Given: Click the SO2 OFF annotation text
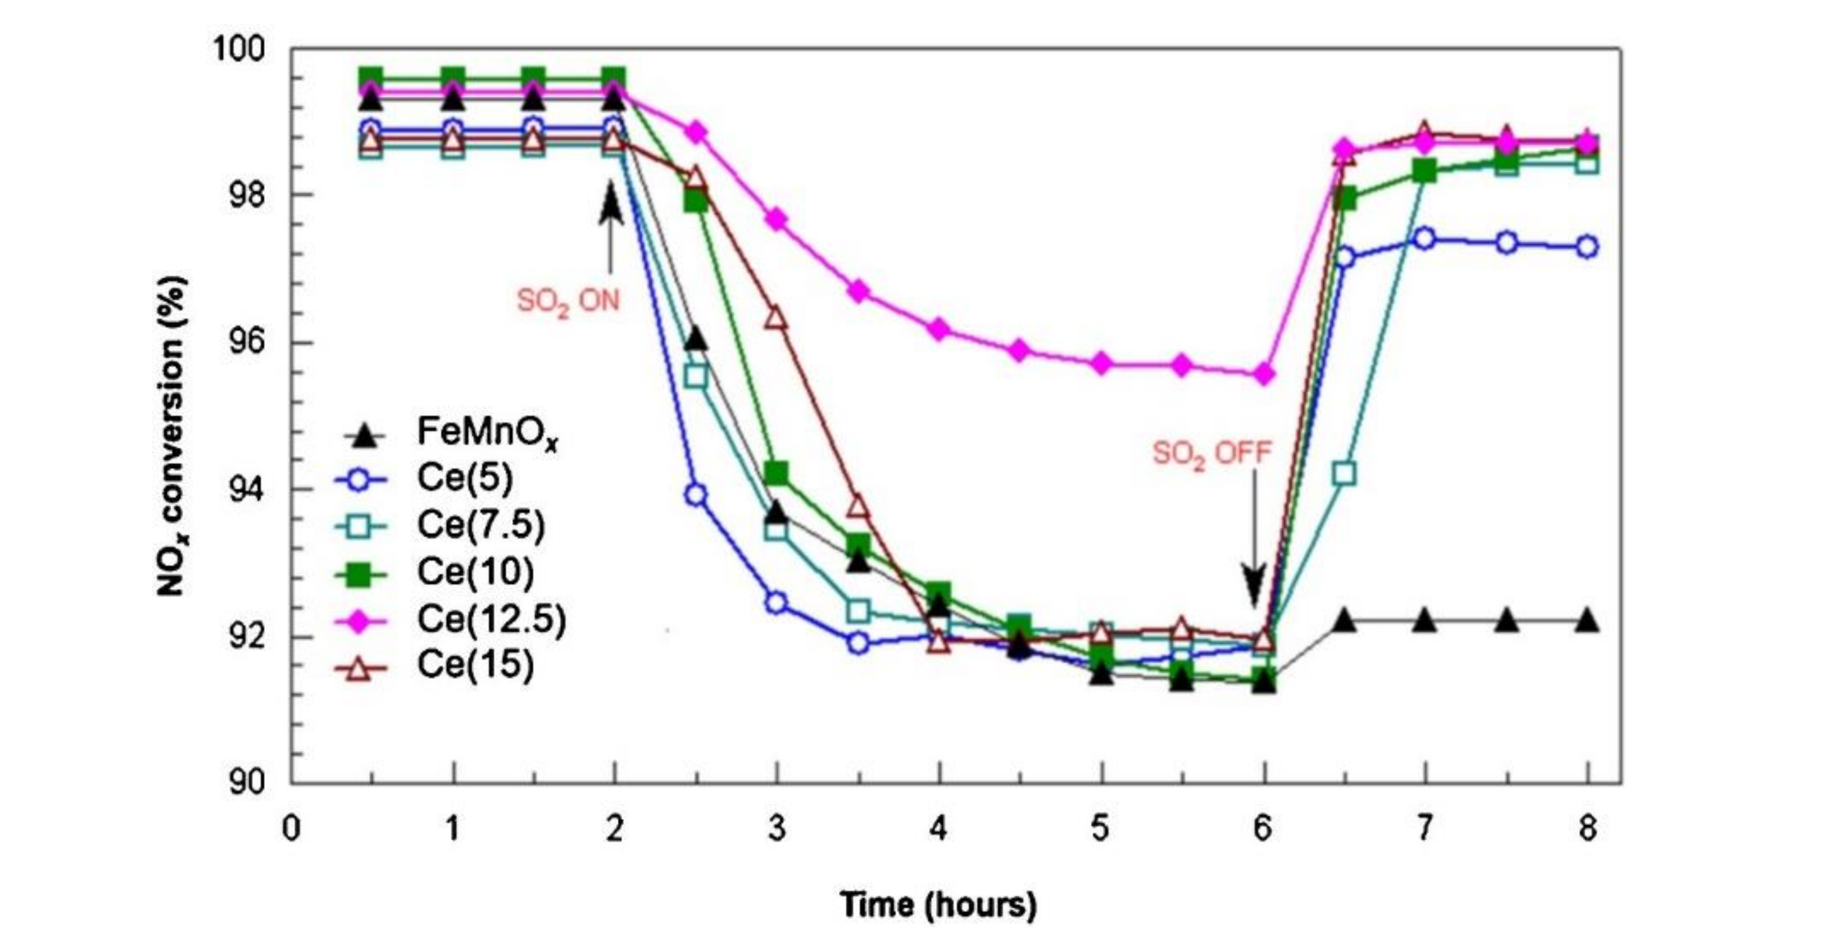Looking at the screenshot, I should pyautogui.click(x=1211, y=453).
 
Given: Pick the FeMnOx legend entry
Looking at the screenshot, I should pyautogui.click(x=487, y=431).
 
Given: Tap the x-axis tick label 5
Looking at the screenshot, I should pyautogui.click(x=1100, y=828).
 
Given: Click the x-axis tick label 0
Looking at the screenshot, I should pyautogui.click(x=290, y=828).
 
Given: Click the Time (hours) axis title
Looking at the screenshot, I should pyautogui.click(x=938, y=904).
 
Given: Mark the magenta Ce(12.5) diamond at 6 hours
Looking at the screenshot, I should pyautogui.click(x=1264, y=374).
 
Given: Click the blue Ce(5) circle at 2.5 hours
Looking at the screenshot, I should pyautogui.click(x=696, y=495).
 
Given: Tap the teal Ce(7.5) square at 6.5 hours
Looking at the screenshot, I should pyautogui.click(x=1344, y=473).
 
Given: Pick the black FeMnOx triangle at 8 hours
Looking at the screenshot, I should pyautogui.click(x=1587, y=621).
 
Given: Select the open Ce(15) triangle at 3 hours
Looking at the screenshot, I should pyautogui.click(x=777, y=319).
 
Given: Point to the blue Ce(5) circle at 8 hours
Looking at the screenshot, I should pyautogui.click(x=1587, y=247).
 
